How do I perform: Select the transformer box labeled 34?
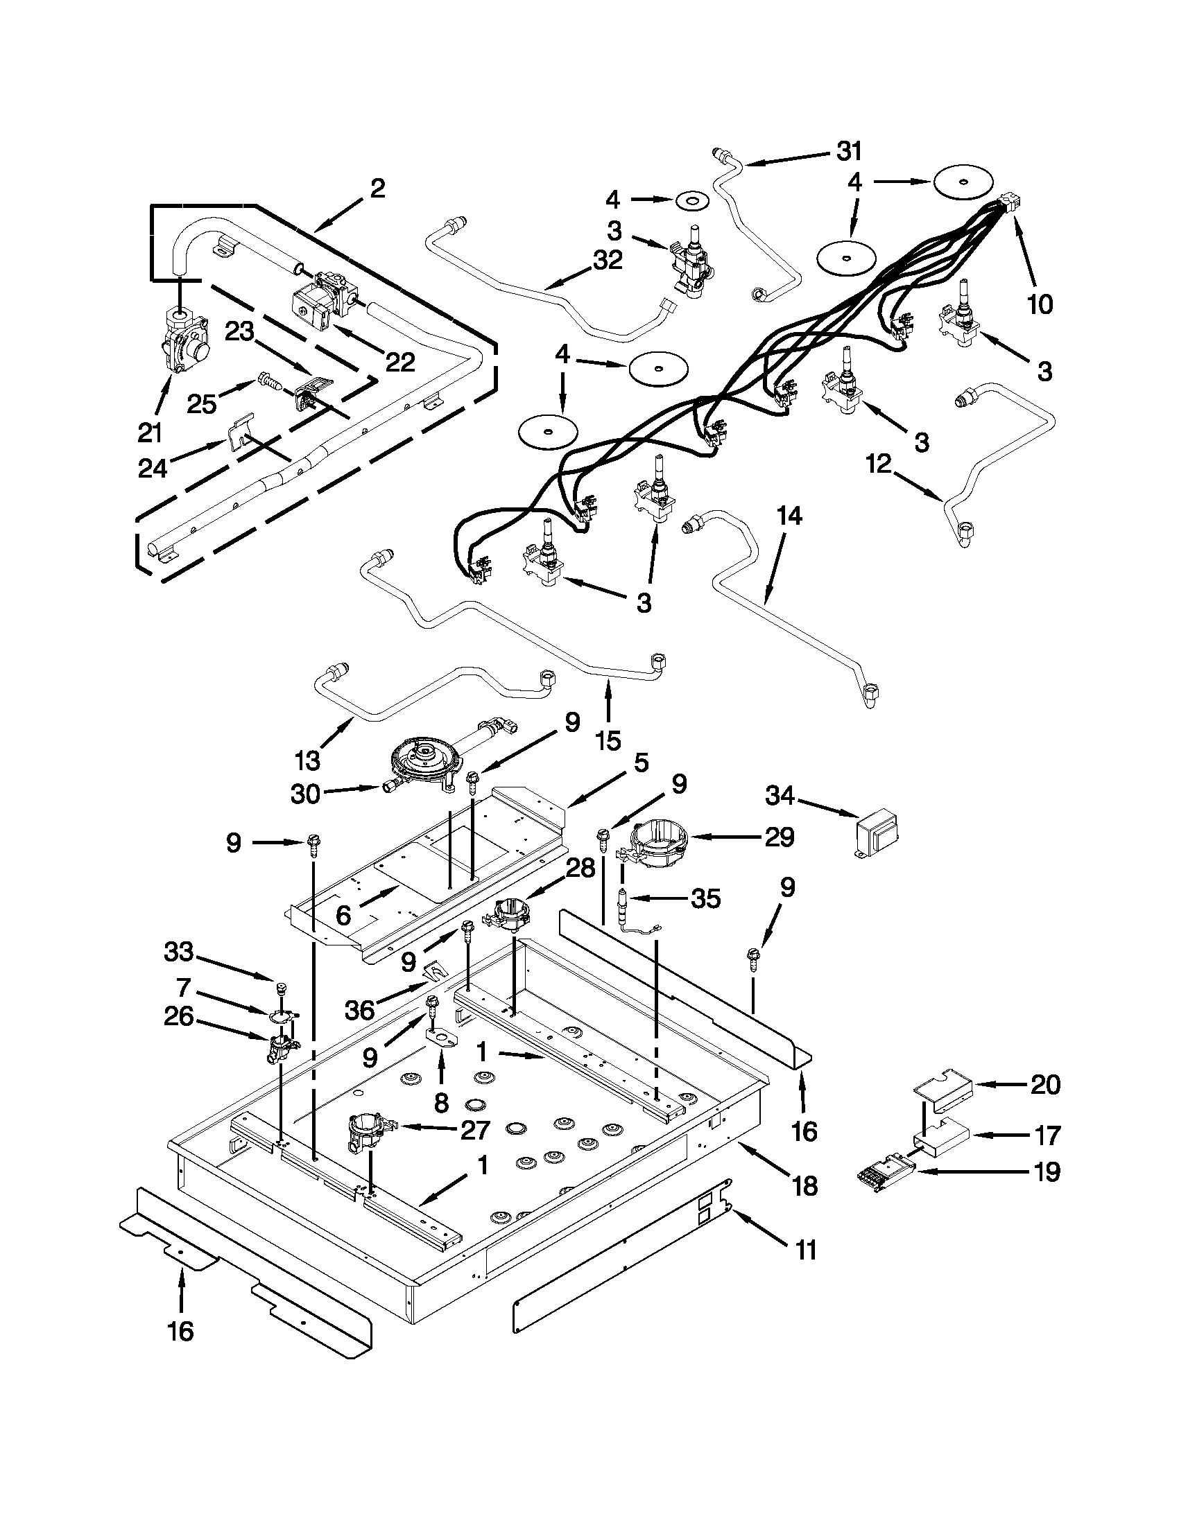(877, 833)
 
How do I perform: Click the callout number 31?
(850, 151)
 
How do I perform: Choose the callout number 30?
(305, 794)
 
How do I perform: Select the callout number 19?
(1046, 1171)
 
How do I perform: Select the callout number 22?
(400, 361)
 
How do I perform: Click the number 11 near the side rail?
(806, 1249)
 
